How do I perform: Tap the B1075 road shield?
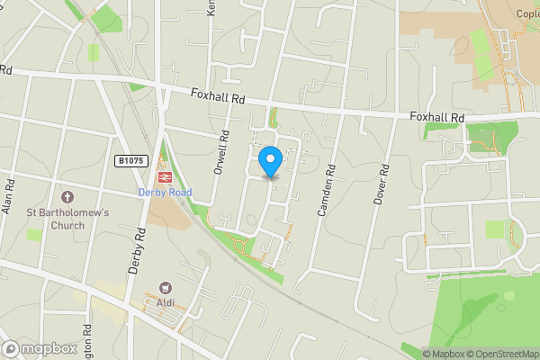coord(130,161)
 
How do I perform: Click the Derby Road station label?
coord(165,192)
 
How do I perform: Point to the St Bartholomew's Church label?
coord(67,219)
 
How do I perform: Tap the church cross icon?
coord(67,197)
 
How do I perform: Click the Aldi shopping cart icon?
coord(165,288)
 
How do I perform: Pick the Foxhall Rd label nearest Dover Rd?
coord(436,118)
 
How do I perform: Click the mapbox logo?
coord(39,348)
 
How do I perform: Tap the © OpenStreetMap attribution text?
coord(499,354)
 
